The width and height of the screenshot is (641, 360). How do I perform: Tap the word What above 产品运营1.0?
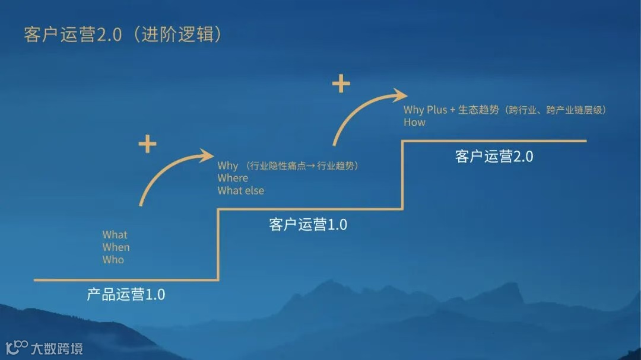click(x=115, y=235)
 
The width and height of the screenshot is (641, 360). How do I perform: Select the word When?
click(x=116, y=247)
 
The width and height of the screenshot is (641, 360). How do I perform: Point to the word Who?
click(x=113, y=260)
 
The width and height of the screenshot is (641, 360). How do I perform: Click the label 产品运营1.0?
click(x=126, y=294)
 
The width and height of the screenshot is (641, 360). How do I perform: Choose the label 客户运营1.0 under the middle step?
click(x=307, y=225)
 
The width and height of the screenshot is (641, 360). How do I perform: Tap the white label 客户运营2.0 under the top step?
click(x=494, y=157)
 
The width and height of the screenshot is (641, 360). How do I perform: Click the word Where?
click(x=233, y=178)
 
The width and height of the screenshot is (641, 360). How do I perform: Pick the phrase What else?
click(x=240, y=190)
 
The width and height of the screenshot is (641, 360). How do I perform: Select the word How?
click(x=414, y=122)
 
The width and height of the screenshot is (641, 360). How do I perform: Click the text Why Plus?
click(x=425, y=110)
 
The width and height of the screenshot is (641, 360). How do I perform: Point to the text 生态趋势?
click(x=478, y=110)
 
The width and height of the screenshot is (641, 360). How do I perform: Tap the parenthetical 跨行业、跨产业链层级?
click(x=558, y=110)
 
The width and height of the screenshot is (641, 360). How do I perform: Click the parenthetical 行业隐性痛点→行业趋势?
click(x=303, y=166)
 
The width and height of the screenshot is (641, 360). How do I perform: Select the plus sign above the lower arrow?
click(x=147, y=144)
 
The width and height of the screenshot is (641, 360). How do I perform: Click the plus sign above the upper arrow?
click(x=341, y=84)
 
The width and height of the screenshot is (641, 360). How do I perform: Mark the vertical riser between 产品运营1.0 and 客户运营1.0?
click(x=218, y=244)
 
